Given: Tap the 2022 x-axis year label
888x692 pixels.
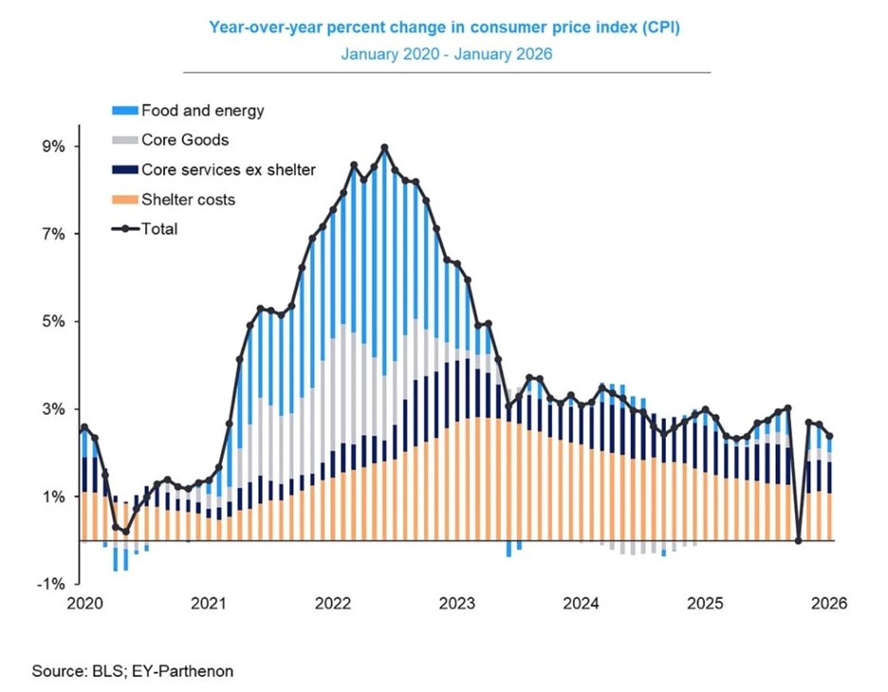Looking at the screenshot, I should (333, 604).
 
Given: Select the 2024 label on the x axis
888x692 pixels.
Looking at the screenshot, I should (580, 604).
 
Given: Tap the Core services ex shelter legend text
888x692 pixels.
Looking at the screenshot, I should (228, 170).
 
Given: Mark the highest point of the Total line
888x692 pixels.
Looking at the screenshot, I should (384, 148).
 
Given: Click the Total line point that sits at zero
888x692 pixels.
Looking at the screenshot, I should (799, 541).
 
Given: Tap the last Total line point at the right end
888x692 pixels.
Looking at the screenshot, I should (830, 436).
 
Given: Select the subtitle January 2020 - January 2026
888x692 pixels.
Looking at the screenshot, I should (446, 54).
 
